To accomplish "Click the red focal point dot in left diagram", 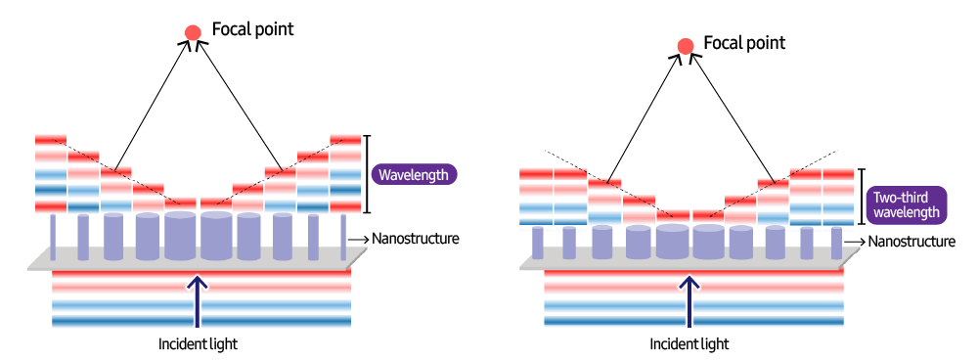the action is coord(193,32).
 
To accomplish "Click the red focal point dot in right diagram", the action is coord(686,46).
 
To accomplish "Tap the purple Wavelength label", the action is coord(414,175).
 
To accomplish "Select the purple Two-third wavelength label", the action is coord(907,204).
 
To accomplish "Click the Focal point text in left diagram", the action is coord(252,29).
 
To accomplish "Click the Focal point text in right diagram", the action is coord(744,42).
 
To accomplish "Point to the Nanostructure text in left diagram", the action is coord(416,239).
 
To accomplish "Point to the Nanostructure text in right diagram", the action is coord(911,242).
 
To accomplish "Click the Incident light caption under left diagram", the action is coord(198,343).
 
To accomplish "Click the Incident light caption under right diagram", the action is coord(689,343).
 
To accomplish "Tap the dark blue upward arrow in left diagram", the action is coord(198,300).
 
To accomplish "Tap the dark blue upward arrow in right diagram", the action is coord(689,300).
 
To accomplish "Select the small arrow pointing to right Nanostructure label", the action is coord(854,242).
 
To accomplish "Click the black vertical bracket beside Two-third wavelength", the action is coord(862,197).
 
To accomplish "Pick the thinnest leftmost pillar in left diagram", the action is coord(53,238).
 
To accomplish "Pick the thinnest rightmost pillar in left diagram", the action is coord(343,238).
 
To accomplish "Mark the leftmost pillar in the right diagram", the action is coord(538,243).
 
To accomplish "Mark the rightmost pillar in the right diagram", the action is coord(836,244).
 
